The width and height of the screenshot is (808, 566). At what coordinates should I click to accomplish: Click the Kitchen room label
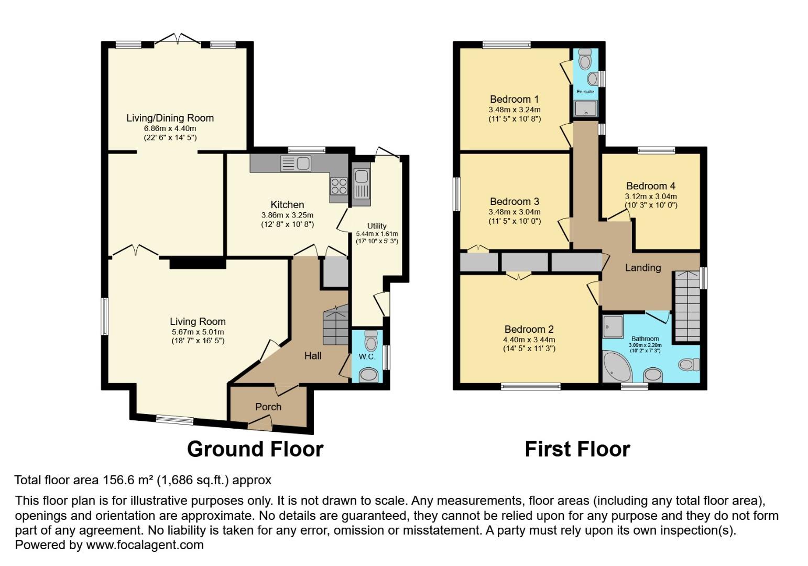tap(287, 204)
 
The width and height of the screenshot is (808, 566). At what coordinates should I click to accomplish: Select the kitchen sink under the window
tap(296, 164)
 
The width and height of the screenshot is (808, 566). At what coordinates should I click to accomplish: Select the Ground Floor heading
tap(255, 449)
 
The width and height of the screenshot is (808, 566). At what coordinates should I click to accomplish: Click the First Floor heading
tap(577, 449)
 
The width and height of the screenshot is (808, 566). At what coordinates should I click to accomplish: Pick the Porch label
tap(268, 407)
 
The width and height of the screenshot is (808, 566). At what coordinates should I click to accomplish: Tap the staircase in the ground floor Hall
tap(335, 326)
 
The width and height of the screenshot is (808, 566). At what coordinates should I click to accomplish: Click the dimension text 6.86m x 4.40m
tap(170, 128)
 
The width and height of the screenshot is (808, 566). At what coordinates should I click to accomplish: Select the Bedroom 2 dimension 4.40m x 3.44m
tap(529, 340)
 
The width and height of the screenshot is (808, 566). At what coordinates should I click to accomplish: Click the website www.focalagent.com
tap(145, 545)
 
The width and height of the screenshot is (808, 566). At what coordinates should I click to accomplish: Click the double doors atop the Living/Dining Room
tap(178, 39)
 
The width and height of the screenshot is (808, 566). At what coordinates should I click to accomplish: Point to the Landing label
tap(642, 267)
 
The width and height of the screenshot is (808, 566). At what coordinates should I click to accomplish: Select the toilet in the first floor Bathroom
tap(688, 364)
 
